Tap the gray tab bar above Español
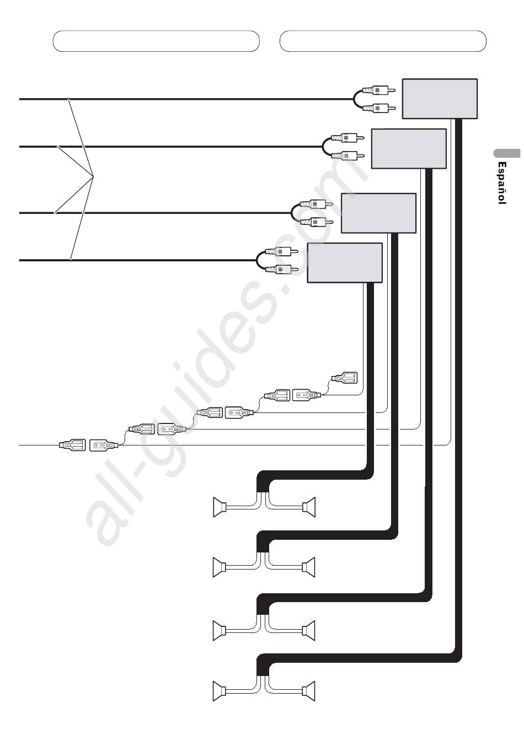click(507, 154)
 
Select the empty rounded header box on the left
click(156, 41)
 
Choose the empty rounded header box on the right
click(383, 41)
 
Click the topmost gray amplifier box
click(440, 99)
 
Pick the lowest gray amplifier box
click(345, 263)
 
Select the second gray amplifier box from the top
click(409, 148)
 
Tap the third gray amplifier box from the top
click(378, 213)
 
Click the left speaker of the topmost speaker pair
click(220, 507)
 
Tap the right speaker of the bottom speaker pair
click(309, 691)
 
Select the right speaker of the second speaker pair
click(309, 567)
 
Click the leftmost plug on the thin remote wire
click(72, 444)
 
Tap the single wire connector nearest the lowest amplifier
click(344, 379)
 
